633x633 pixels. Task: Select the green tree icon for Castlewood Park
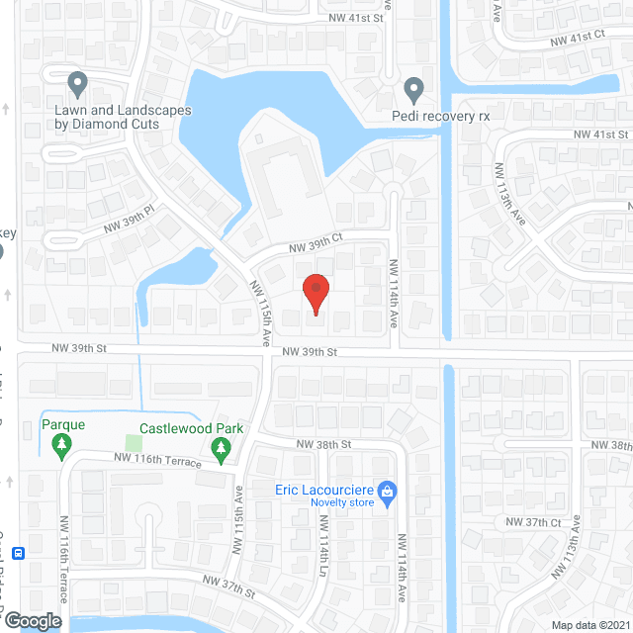(221, 452)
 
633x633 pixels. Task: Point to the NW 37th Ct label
(534, 522)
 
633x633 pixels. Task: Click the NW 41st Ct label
(578, 37)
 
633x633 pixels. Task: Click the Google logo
(32, 620)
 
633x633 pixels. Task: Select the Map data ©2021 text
(590, 625)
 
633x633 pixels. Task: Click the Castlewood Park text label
(192, 429)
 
